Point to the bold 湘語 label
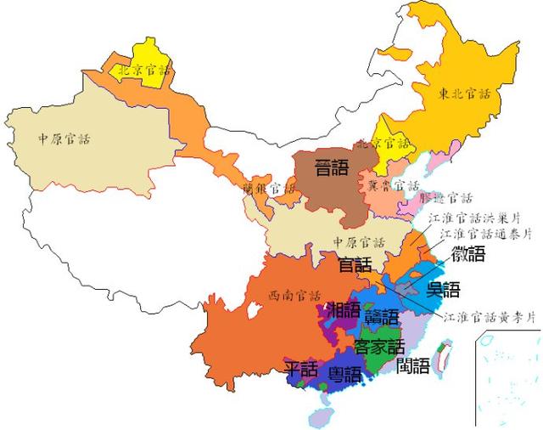tap(344, 309)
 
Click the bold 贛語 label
tap(381, 317)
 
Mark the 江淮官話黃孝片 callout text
tap(490, 317)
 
